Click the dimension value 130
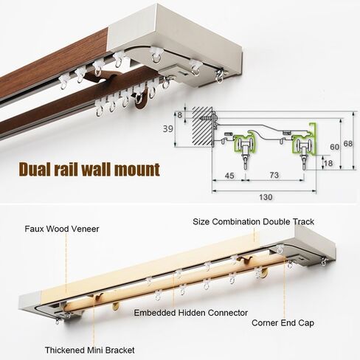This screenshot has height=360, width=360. [266, 197]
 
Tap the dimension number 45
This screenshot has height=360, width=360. [229, 176]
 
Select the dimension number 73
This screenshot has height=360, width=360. [274, 175]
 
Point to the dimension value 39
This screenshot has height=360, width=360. [168, 129]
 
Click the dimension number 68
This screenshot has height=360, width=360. [348, 144]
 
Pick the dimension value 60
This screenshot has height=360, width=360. [334, 147]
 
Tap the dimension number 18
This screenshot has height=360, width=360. [328, 163]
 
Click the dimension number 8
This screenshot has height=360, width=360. [180, 115]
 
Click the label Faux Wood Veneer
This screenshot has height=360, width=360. [62, 229]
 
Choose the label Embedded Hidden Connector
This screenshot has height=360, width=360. [191, 313]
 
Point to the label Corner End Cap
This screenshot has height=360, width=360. [283, 323]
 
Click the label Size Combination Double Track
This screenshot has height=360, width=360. [253, 221]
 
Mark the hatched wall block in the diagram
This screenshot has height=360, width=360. [202, 126]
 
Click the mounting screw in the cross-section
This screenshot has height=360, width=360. [208, 119]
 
